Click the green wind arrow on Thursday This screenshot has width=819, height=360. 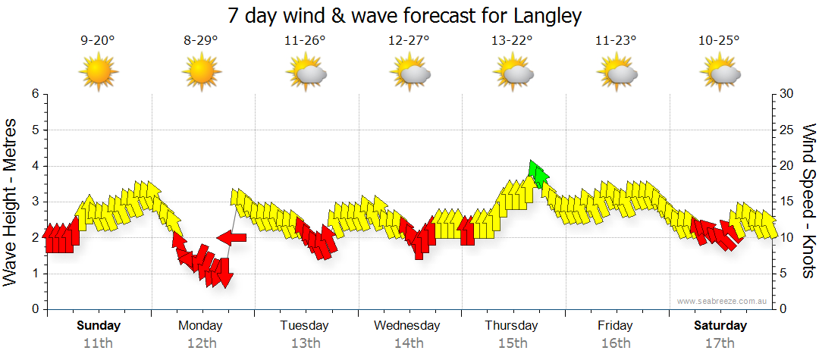pos(538,174)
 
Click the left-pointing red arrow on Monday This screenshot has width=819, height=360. pos(232,238)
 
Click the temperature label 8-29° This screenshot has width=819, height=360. pos(201,41)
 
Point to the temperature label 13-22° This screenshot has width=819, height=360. pos(513,41)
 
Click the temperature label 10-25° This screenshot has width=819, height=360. pos(719,41)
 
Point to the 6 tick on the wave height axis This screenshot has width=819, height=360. pos(35,94)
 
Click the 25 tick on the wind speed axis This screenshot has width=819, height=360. pos(787,130)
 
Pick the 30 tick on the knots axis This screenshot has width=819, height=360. pos(787,94)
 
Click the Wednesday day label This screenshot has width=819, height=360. pos(407,326)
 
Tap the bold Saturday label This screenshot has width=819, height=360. pos(720,326)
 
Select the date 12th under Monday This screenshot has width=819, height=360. pos(201,343)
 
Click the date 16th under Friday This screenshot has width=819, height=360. pos(615,343)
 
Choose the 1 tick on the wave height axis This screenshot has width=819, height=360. pos(35,274)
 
